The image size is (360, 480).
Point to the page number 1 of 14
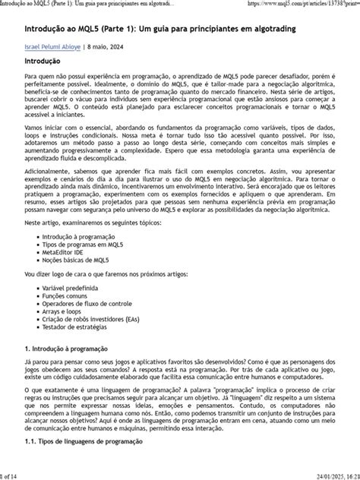coord(11,475)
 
